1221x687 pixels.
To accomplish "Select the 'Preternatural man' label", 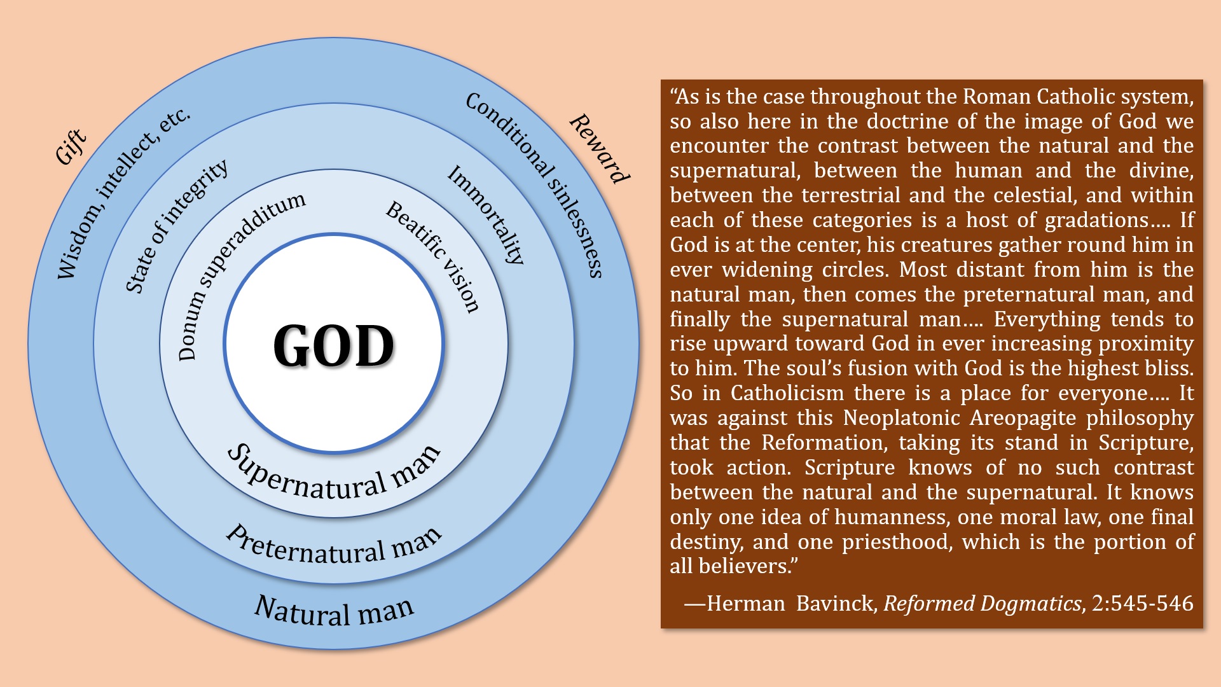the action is tap(334, 547).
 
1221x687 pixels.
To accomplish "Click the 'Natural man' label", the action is tap(334, 611).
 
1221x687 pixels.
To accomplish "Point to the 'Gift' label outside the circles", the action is tap(71, 147).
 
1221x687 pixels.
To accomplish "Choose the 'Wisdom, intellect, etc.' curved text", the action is tap(121, 193).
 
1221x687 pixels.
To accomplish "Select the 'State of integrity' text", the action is tap(175, 226).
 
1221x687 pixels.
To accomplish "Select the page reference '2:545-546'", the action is tap(1143, 603).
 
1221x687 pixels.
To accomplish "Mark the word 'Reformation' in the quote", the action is tap(825, 443).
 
